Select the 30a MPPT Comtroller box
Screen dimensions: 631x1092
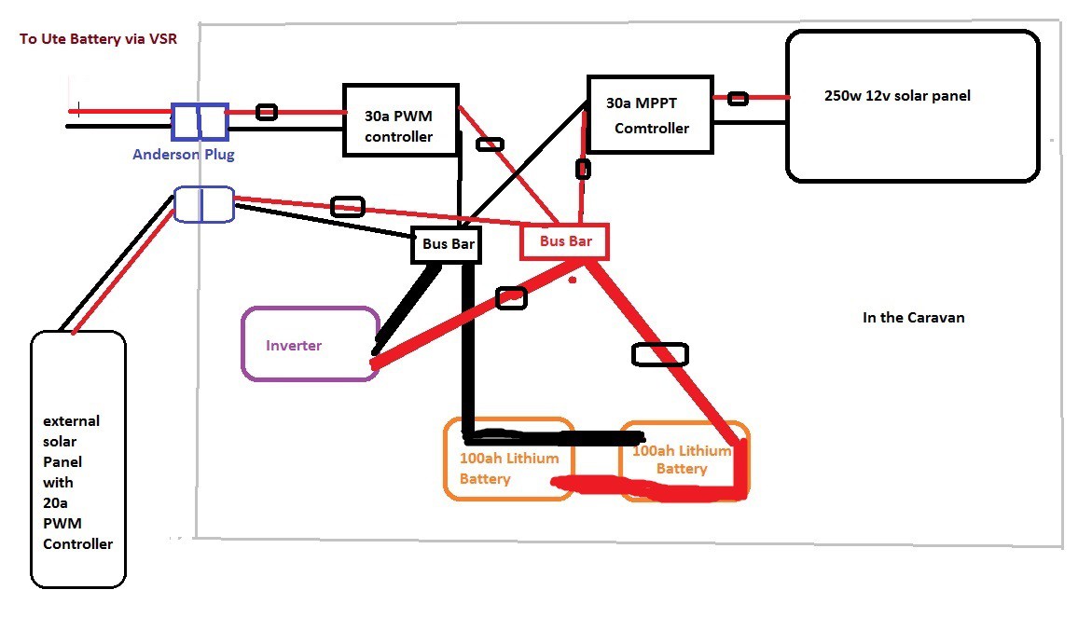coord(651,115)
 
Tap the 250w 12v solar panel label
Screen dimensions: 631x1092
coord(897,96)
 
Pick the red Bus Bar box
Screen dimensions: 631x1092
coord(565,241)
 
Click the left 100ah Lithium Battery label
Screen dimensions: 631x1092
coord(509,469)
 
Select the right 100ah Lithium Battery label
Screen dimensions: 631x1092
coord(681,460)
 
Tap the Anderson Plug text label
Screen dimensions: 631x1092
coord(184,155)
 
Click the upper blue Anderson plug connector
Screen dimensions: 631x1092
coord(200,120)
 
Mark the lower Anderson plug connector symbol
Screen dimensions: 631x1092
coord(204,204)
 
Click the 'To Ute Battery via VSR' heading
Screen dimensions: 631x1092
coord(98,41)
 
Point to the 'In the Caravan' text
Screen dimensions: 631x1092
coord(914,318)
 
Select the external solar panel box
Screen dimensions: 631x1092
coord(78,459)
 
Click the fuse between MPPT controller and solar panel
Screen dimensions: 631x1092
coord(738,98)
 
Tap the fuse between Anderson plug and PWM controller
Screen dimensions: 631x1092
coord(267,112)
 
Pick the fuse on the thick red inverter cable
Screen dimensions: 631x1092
coord(511,298)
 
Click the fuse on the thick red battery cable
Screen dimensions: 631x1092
coord(659,354)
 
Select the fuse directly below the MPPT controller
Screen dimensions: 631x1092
coord(583,169)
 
